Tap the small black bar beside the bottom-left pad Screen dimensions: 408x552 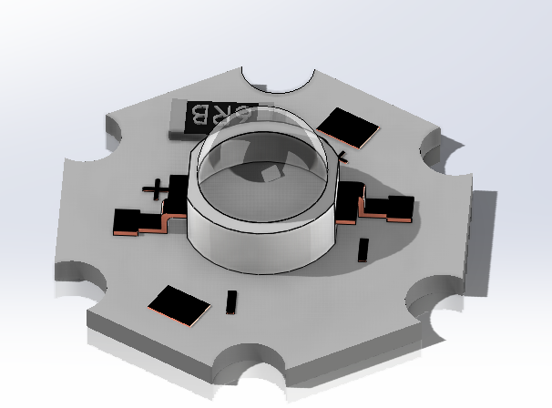pos(231,303)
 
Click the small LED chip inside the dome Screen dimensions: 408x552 pos(269,173)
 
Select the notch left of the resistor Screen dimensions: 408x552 pos(118,134)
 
